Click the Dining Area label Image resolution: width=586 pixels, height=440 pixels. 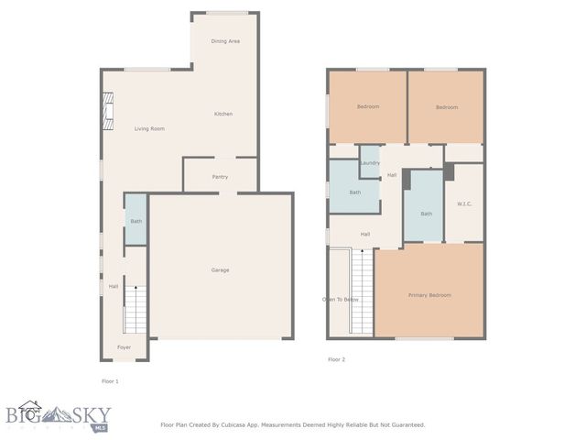pos(225,41)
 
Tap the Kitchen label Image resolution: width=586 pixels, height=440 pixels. pos(223,114)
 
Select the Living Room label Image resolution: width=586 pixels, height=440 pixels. pos(149,128)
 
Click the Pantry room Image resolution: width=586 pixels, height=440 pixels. pos(220,176)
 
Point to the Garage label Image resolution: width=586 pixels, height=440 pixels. pos(220,269)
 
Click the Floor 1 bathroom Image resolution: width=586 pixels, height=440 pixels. pos(136,220)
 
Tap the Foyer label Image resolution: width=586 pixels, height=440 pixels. pos(124,347)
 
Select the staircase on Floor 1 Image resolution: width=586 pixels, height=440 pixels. pos(136,310)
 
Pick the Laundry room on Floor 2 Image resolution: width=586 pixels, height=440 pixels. pos(370,162)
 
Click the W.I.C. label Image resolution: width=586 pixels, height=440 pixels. pos(463,203)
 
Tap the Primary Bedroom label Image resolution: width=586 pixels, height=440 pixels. pos(429,295)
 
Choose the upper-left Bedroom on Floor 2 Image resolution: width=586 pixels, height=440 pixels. pos(367,106)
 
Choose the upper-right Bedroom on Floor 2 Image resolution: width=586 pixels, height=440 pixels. pos(446,107)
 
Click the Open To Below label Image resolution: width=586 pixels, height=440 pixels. pos(340,300)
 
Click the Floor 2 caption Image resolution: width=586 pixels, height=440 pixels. pos(337,359)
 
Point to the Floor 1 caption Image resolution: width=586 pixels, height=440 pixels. pos(110,380)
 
